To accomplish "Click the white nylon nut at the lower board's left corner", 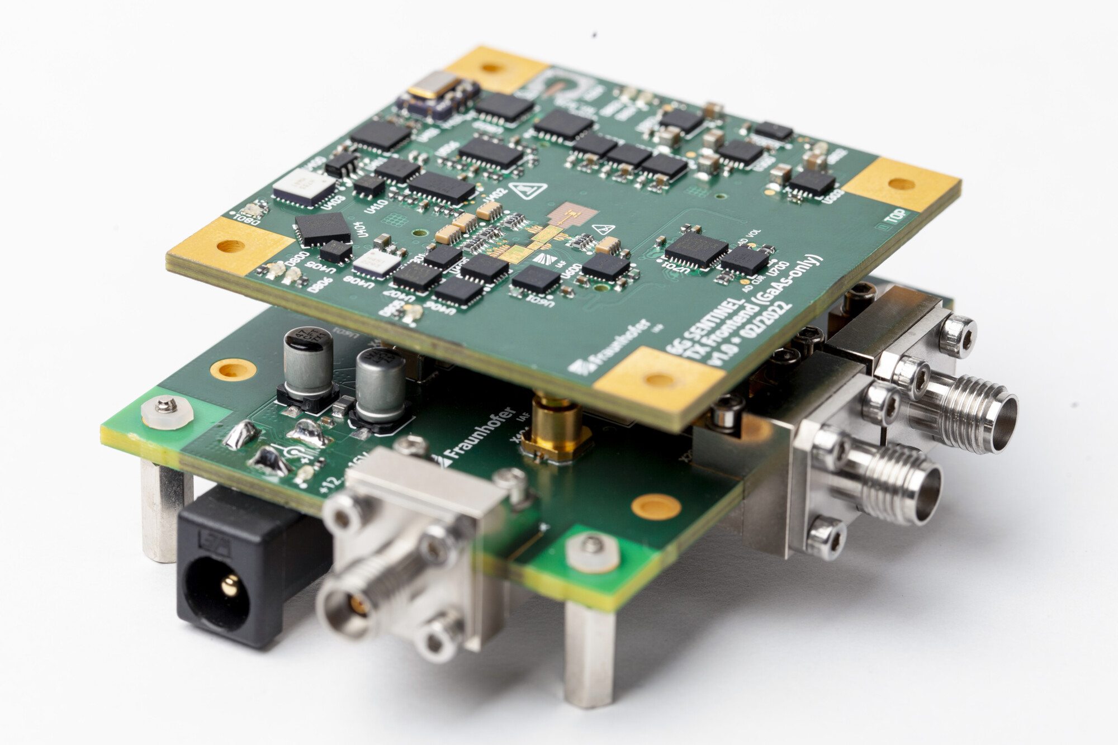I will [x=167, y=411].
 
